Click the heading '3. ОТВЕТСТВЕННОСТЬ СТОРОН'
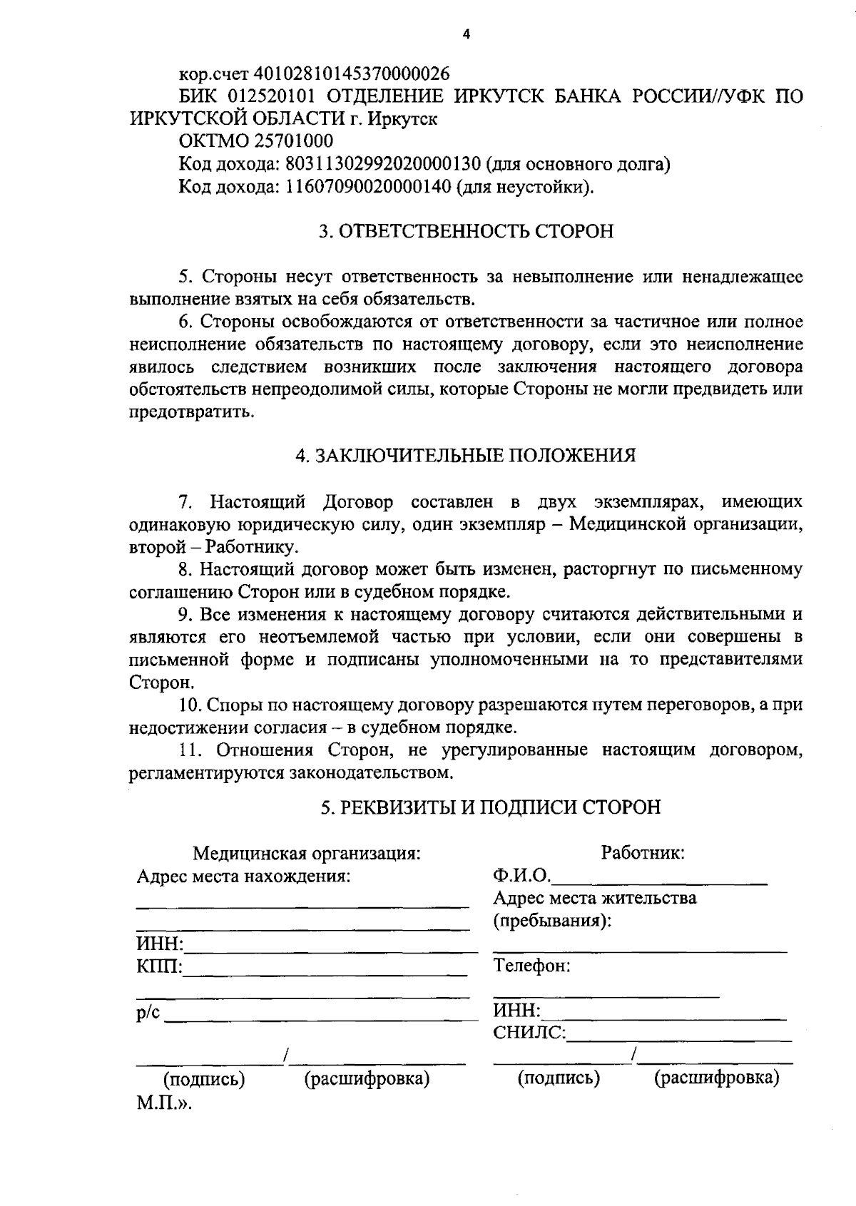[466, 232]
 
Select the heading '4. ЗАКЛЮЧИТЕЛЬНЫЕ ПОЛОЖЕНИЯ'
[466, 456]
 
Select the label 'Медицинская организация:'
[307, 853]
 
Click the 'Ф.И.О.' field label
[521, 875]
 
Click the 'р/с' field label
[148, 1014]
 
